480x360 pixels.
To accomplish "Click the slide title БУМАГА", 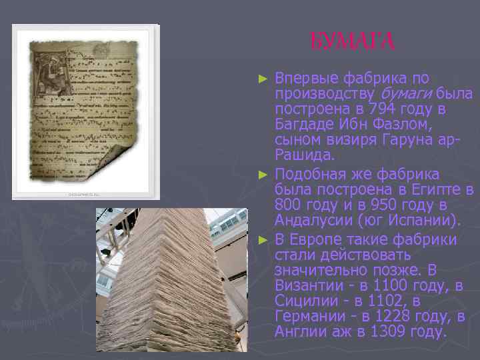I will pyautogui.click(x=353, y=42).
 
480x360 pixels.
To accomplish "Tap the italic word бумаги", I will pyautogui.click(x=405, y=93).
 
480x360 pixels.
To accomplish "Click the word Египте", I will pyautogui.click(x=433, y=189).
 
